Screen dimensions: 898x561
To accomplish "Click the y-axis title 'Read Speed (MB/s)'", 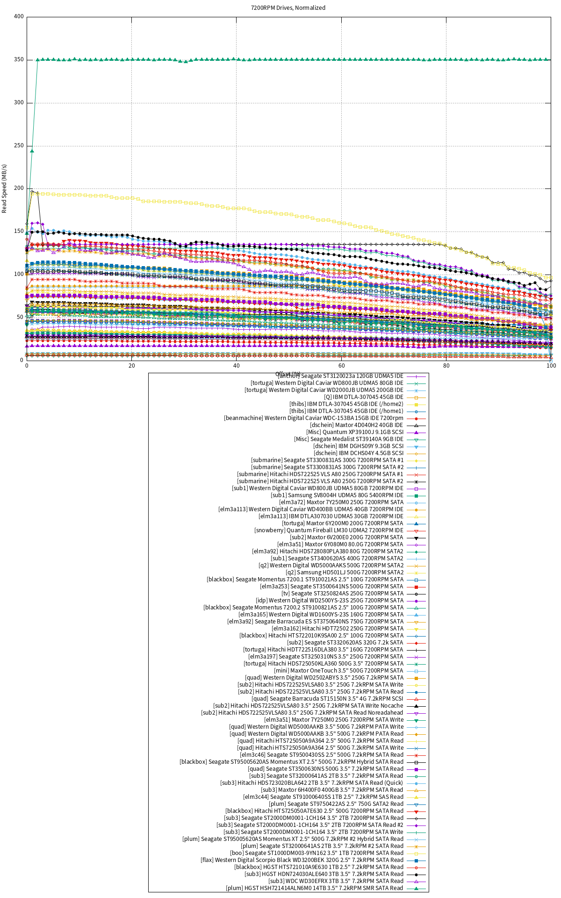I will click(x=5, y=188).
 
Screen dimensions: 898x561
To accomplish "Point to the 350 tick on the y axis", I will click(x=19, y=60).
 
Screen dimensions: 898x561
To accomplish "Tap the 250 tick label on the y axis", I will click(x=19, y=145).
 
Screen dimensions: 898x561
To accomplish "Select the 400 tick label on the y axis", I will click(x=19, y=17).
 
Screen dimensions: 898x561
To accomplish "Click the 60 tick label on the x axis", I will click(x=341, y=366).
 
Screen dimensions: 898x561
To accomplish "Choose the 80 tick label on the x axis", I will click(x=446, y=366).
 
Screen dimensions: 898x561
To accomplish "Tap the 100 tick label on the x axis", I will click(x=551, y=366).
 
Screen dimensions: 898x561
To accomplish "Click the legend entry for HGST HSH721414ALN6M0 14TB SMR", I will click(x=314, y=888).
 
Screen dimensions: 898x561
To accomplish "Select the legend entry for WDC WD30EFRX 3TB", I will click(x=336, y=881).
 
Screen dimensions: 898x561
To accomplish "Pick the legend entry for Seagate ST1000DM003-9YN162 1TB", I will click(x=316, y=853).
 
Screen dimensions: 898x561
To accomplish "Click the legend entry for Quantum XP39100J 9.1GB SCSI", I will click(x=355, y=432).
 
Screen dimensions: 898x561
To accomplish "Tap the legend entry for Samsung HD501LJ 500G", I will click(x=345, y=572).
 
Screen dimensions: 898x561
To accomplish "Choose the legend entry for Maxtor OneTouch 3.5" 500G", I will click(x=338, y=671).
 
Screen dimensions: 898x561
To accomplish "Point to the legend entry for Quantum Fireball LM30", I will click(x=329, y=530).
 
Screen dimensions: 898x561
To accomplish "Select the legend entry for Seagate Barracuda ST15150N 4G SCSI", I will click(x=327, y=699).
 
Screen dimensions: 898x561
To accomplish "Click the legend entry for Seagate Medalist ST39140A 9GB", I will click(x=349, y=439).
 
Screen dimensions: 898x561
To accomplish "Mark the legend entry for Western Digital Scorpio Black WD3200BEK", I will click(x=302, y=860).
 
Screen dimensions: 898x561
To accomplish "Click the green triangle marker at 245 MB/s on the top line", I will click(x=32, y=151).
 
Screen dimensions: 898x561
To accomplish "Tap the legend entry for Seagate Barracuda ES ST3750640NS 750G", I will click(x=315, y=622).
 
